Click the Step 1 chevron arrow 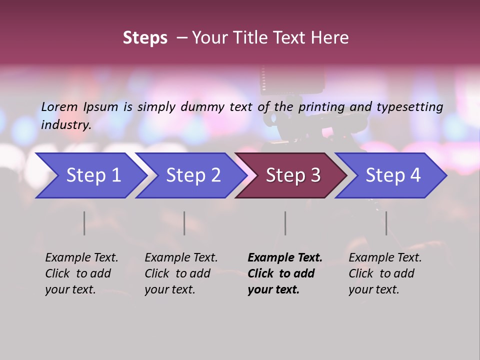click(93, 175)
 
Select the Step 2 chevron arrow click(193, 175)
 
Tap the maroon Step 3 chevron click(293, 175)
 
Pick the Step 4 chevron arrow click(393, 175)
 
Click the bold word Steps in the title click(145, 38)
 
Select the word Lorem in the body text click(59, 106)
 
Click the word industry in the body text click(65, 125)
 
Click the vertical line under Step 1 click(84, 223)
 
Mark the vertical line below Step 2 click(184, 223)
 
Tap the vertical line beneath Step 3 click(285, 223)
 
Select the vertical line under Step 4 click(386, 223)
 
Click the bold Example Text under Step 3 click(285, 258)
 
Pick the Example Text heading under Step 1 click(81, 258)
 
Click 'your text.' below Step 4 click(373, 290)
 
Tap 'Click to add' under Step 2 click(177, 274)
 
